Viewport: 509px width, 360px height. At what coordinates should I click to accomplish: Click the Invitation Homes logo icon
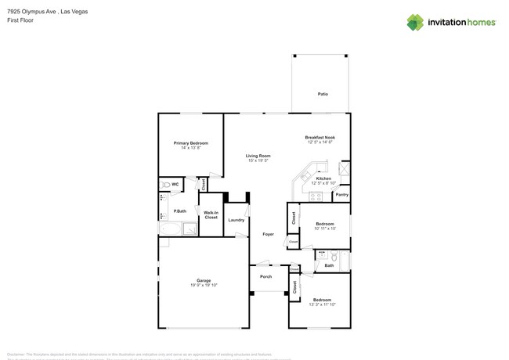coord(415,22)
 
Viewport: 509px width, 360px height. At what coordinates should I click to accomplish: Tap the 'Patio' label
coord(323,94)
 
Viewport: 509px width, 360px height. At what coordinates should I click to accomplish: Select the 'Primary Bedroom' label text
coord(190,143)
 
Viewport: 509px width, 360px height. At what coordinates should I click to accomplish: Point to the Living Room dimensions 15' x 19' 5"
coord(258,160)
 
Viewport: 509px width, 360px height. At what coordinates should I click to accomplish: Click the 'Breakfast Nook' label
coord(319,138)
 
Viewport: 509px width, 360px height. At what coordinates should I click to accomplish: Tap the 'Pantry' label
coord(341,195)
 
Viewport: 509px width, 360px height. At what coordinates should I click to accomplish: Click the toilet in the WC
coord(165,185)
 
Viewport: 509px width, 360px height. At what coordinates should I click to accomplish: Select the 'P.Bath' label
coord(180,211)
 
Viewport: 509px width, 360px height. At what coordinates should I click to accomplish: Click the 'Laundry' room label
coord(236,220)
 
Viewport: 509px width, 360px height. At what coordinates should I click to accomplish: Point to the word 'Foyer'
coord(268,234)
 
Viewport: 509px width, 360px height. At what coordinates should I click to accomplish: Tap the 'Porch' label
coord(266,276)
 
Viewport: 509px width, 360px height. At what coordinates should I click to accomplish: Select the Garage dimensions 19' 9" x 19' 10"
coord(204,285)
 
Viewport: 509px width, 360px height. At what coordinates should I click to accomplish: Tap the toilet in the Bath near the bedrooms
coord(333,255)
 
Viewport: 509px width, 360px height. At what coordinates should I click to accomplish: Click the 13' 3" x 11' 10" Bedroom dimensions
coord(322,304)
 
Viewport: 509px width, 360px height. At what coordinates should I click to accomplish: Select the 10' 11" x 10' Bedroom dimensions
coord(325,229)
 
